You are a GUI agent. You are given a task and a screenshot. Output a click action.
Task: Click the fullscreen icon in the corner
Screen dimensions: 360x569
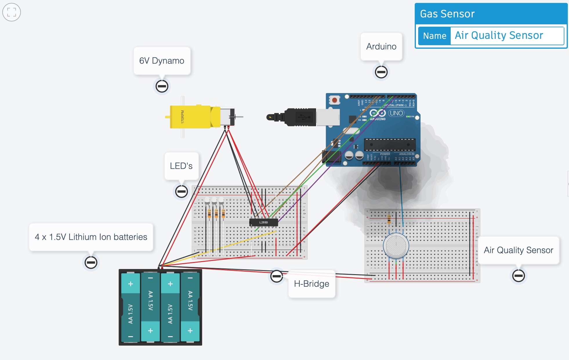(12, 12)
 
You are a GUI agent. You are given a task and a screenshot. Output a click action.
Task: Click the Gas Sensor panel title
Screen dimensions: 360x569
(447, 14)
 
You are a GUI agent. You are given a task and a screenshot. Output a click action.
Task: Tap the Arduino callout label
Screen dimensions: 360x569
(381, 46)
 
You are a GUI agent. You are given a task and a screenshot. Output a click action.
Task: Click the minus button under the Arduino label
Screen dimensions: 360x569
(381, 72)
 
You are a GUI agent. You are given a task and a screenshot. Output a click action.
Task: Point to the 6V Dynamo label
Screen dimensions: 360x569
(162, 61)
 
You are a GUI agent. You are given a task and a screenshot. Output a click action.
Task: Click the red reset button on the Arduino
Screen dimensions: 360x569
(334, 100)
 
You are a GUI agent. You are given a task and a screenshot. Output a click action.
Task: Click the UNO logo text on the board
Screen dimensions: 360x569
(396, 113)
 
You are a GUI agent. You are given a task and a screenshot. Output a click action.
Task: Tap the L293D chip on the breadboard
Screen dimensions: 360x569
(264, 223)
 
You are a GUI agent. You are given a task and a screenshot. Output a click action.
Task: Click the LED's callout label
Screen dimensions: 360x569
(181, 166)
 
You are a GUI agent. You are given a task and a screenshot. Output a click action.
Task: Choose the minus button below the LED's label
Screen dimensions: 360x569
(182, 191)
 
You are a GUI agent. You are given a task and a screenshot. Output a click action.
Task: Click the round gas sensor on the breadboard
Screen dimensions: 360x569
(396, 246)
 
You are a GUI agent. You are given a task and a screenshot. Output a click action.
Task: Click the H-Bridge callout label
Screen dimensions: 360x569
(311, 284)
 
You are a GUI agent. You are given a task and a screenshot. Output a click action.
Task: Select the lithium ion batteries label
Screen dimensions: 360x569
(91, 237)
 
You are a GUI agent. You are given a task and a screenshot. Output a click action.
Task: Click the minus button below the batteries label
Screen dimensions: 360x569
(91, 262)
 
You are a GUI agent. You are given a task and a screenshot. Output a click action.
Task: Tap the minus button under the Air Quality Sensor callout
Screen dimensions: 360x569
(518, 275)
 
